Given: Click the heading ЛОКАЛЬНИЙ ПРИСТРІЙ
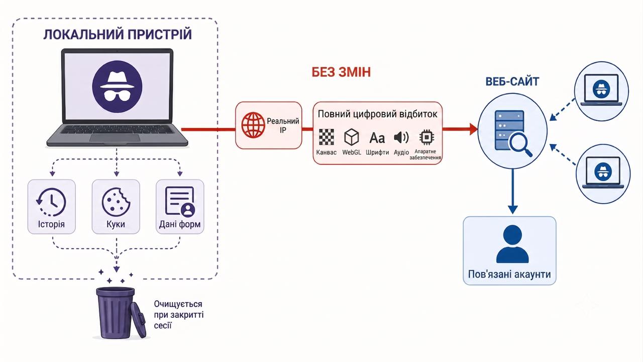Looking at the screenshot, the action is tap(118, 35).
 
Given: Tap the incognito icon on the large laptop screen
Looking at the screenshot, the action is tap(117, 86).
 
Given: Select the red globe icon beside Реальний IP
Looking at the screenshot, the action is tap(253, 125).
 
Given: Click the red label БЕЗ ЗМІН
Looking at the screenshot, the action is tap(341, 72).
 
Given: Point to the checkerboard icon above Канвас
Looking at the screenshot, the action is tap(327, 137).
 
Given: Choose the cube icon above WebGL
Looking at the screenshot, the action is tap(351, 137).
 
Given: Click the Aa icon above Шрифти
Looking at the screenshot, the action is tap(377, 138).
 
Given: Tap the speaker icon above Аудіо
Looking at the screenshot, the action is tap(401, 138).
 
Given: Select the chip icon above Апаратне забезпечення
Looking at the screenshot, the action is tap(426, 137).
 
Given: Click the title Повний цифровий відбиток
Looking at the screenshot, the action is tap(377, 114).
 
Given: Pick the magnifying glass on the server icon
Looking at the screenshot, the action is tap(520, 145).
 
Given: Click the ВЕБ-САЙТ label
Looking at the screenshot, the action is tap(512, 81).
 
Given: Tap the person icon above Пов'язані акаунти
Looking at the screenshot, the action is tap(512, 244).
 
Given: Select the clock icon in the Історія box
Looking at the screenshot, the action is tap(51, 202).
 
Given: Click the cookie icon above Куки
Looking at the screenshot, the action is tap(116, 202).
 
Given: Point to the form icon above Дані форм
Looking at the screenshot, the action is tap(180, 202).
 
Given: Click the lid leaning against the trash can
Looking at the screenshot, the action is tap(138, 319).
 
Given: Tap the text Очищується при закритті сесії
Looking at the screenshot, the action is tap(178, 315).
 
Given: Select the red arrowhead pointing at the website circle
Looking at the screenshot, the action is tap(473, 129).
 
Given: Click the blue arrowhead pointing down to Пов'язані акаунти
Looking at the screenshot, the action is tap(513, 210).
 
